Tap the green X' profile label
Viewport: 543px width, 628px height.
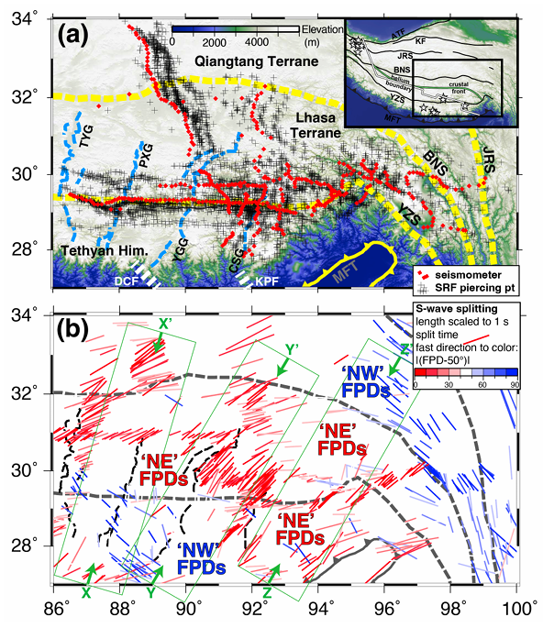[165, 324]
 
